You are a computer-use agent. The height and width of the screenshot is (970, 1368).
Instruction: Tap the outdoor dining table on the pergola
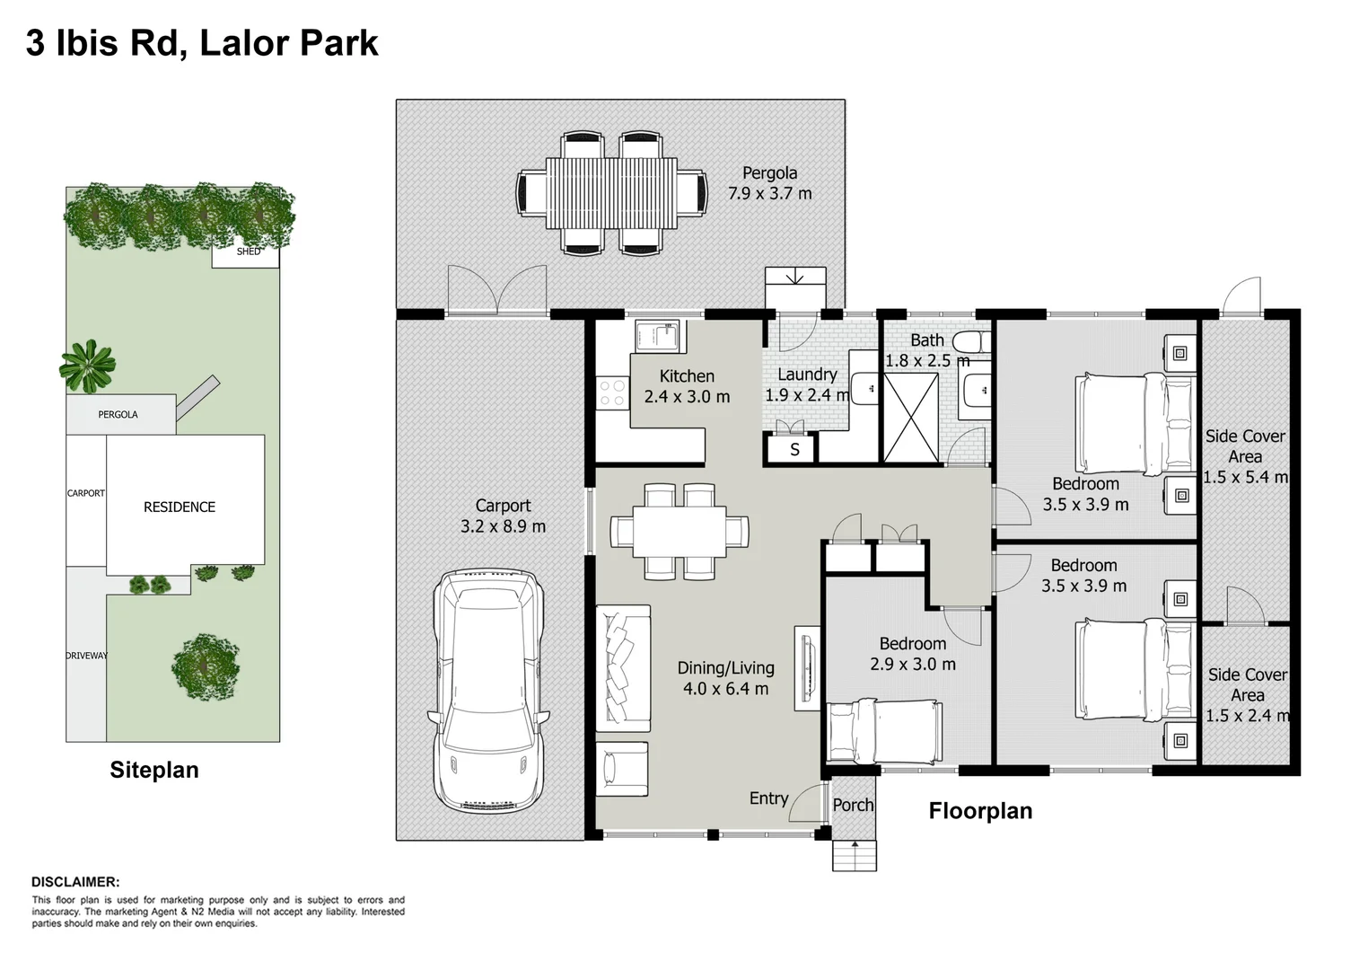click(611, 192)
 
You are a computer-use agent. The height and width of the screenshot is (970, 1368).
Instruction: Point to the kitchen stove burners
click(612, 393)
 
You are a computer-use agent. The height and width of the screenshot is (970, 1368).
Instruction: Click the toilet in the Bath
click(971, 341)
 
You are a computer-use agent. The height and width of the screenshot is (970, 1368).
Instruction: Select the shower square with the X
click(910, 418)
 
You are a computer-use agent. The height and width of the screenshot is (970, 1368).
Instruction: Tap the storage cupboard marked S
click(791, 449)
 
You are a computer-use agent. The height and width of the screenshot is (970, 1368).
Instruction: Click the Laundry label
click(807, 374)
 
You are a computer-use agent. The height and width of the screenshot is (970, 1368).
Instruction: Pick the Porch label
click(853, 805)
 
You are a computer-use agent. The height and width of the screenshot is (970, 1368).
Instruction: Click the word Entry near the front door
click(769, 798)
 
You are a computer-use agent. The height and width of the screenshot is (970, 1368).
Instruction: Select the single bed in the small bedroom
click(883, 731)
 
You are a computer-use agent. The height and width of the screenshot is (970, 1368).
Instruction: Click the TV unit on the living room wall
click(807, 668)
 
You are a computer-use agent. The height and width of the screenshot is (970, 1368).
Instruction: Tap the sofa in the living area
click(623, 668)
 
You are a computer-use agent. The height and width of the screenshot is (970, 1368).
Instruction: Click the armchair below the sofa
click(622, 769)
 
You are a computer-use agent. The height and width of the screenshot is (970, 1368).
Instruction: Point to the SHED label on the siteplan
click(249, 251)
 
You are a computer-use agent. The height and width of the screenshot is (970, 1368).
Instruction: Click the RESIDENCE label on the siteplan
click(180, 507)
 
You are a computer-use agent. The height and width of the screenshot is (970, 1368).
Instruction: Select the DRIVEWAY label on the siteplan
click(86, 656)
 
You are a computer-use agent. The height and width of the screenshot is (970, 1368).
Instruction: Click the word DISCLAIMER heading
click(75, 881)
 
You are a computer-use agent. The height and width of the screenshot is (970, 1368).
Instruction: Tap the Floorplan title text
click(980, 810)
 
